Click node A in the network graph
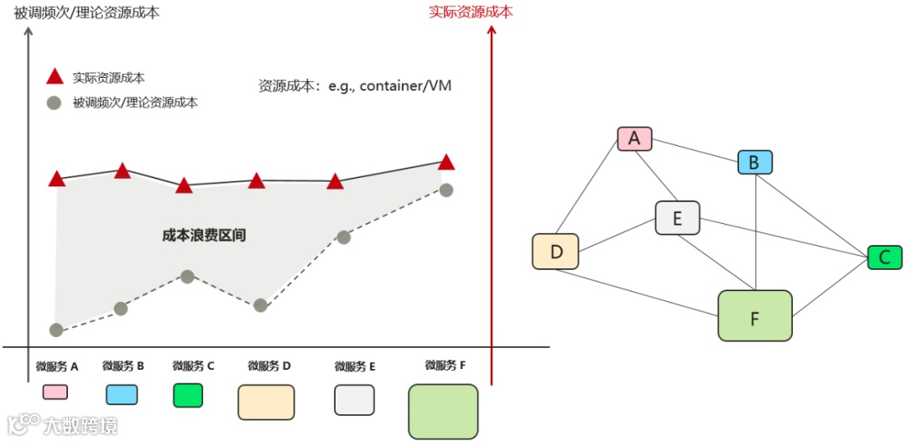634,138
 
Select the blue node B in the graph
754,163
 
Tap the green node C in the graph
884,257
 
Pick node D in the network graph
555,252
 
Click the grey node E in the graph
677,220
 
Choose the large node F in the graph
755,315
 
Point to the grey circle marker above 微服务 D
261,305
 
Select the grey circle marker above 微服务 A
56,330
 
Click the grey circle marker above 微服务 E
343,237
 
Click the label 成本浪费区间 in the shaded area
204,236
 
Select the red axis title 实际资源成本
471,12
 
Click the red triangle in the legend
55,78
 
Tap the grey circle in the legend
55,103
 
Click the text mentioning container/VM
355,86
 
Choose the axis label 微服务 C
193,366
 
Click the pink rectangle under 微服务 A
55,392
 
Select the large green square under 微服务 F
442,411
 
